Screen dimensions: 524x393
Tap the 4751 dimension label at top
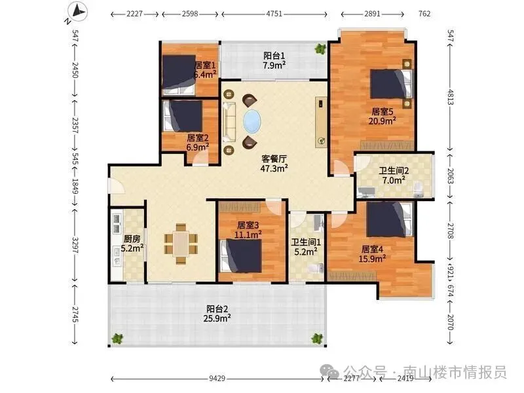(x=274, y=14)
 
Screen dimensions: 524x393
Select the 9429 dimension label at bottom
(x=217, y=379)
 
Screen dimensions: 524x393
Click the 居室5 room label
(x=382, y=111)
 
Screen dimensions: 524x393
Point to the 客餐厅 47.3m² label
(x=274, y=163)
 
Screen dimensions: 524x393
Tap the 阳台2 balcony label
(x=217, y=309)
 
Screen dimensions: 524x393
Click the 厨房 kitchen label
(x=132, y=239)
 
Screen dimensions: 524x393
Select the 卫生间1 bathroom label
(x=306, y=242)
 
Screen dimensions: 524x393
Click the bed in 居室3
(x=240, y=255)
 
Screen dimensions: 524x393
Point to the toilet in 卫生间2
(x=419, y=189)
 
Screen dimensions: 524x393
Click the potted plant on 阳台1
(x=320, y=49)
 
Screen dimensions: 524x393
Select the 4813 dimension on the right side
(x=451, y=97)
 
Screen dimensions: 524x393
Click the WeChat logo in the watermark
(x=329, y=371)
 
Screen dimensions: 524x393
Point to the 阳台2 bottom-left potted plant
(x=117, y=339)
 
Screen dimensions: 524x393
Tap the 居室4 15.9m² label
(x=372, y=253)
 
